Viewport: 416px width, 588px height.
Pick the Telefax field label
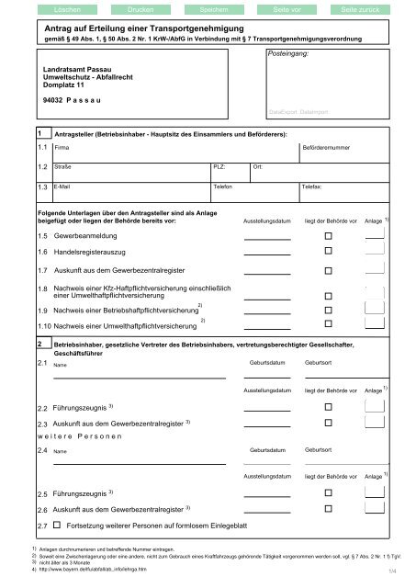click(x=312, y=187)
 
